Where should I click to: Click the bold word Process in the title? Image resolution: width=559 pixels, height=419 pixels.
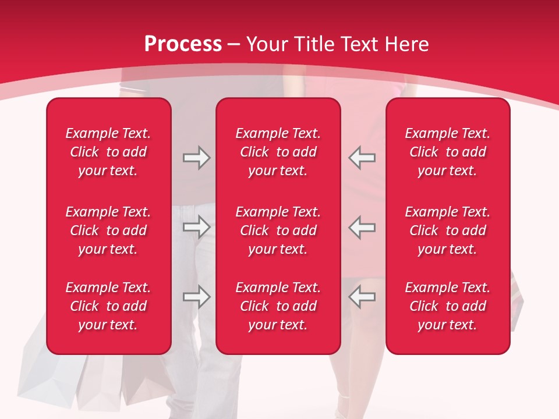coord(183,44)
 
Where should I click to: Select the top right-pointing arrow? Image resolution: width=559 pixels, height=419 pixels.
coord(196,158)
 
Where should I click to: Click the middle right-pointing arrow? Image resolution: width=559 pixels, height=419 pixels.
coord(196,228)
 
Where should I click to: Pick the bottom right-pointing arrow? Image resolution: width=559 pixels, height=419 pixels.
coord(196,297)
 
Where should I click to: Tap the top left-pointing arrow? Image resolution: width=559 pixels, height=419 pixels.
coord(362,158)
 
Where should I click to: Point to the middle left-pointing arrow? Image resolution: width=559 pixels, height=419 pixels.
coord(362,228)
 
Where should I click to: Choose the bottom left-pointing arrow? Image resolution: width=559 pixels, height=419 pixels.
coord(362,297)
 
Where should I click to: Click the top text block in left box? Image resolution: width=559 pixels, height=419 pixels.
coord(108,152)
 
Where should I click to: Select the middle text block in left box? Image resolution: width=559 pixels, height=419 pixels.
coord(108,230)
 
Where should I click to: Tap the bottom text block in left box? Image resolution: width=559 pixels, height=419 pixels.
coord(108,306)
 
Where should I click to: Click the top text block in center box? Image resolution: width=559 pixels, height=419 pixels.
coord(278,152)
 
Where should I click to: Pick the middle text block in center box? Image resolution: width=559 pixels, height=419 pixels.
coord(278,230)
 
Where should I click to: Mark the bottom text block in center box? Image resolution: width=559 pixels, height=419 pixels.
coord(278,306)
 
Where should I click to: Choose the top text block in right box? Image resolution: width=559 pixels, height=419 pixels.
coord(447,152)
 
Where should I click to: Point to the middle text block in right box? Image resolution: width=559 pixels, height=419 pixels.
coord(447,230)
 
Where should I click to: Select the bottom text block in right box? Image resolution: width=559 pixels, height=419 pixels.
coord(447,306)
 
